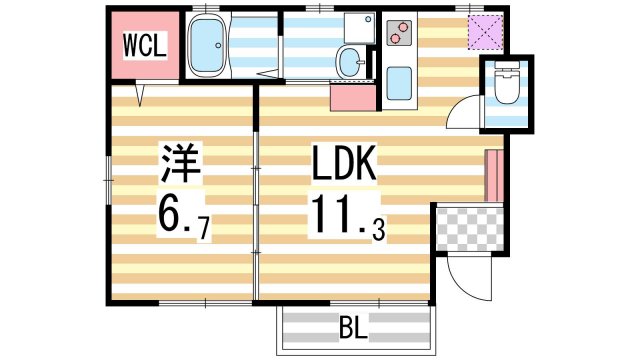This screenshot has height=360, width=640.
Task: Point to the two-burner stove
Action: pos(398,37)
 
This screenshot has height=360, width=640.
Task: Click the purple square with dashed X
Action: pos(487,33)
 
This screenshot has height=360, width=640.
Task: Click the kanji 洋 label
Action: pos(181,163)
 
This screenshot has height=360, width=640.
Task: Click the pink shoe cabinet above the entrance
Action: pos(491,175)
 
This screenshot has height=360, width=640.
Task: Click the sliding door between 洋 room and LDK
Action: pos(257,195)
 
